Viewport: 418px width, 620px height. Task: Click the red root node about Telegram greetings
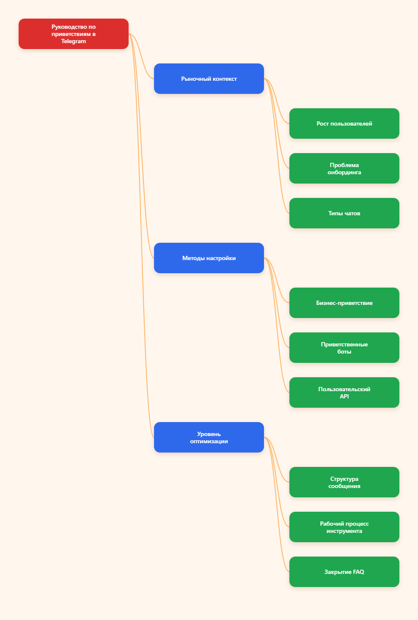(x=74, y=34)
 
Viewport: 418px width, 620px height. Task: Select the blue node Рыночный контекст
(x=209, y=79)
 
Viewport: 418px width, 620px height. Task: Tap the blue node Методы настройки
(x=209, y=258)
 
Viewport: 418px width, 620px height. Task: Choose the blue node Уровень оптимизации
(x=209, y=437)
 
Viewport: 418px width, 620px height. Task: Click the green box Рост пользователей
(x=344, y=123)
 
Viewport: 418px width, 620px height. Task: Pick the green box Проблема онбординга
(x=344, y=168)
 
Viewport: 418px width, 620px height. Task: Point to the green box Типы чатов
(x=344, y=213)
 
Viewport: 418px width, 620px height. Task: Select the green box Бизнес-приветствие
(x=344, y=303)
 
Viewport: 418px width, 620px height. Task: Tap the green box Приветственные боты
(x=344, y=348)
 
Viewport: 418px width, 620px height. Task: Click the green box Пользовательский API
(x=344, y=392)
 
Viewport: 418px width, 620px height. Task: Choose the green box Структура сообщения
(x=344, y=482)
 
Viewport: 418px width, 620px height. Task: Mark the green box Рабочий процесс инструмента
(x=344, y=527)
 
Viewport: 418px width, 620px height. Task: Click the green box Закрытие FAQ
(x=344, y=572)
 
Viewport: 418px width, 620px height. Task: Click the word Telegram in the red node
(x=74, y=41)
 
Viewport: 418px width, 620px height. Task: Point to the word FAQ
(x=358, y=572)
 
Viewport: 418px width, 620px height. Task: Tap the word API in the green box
(x=344, y=396)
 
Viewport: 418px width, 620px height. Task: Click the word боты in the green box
(x=344, y=351)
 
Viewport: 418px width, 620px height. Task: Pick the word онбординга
(x=344, y=173)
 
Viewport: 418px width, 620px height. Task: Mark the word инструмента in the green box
(x=344, y=531)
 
